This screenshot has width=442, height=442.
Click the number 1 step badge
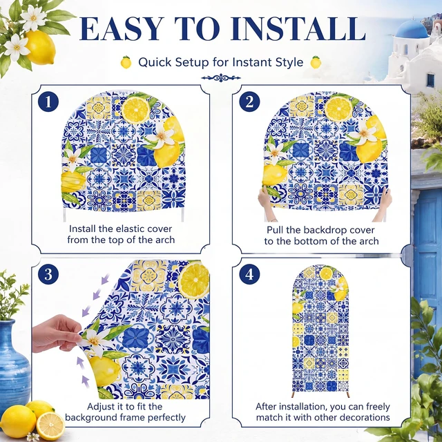coord(48,102)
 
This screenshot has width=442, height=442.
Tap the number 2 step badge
coord(249,102)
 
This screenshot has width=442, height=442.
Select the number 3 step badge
coord(48,274)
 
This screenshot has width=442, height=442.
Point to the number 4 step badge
coord(249,274)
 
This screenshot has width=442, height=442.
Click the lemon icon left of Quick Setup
coord(126,62)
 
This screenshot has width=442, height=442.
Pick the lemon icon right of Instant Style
coord(316,62)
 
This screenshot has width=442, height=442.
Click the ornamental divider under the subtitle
coord(221,78)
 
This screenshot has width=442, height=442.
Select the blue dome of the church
coord(412,30)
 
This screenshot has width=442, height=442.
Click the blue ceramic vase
coord(14,367)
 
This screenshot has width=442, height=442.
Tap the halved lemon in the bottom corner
coord(50,425)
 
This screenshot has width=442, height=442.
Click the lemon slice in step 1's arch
coord(135,110)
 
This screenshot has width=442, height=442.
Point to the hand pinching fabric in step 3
coord(57,334)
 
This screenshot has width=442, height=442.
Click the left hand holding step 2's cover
coord(266,204)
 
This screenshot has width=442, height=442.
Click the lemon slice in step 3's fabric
coord(194,280)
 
